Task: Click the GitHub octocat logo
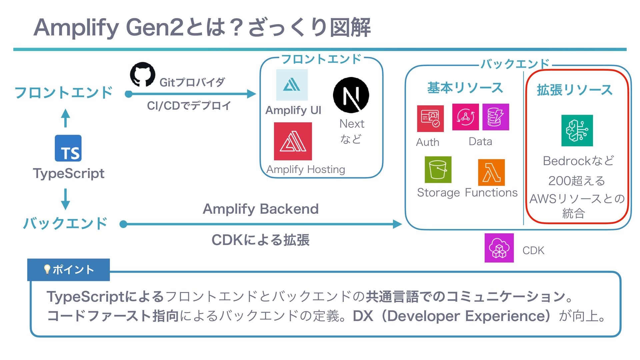click(x=142, y=74)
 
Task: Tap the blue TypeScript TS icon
click(x=68, y=148)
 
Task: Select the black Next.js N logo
click(x=351, y=95)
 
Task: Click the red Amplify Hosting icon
click(x=293, y=141)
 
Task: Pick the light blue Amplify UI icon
click(x=292, y=85)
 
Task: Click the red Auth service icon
click(x=430, y=119)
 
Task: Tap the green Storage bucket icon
click(x=438, y=170)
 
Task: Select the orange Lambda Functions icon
click(x=491, y=172)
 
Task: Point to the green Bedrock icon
click(x=577, y=131)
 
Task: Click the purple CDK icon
click(x=499, y=248)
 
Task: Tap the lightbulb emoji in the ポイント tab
click(x=47, y=269)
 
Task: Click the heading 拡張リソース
click(x=575, y=90)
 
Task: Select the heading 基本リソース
click(x=465, y=88)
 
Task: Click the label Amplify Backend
click(x=261, y=209)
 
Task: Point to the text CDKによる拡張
click(x=261, y=240)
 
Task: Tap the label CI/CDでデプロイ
click(x=189, y=106)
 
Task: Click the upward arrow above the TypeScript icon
click(x=66, y=118)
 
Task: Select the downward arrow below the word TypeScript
click(x=66, y=199)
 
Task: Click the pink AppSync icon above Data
click(x=465, y=117)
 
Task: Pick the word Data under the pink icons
click(x=480, y=142)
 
